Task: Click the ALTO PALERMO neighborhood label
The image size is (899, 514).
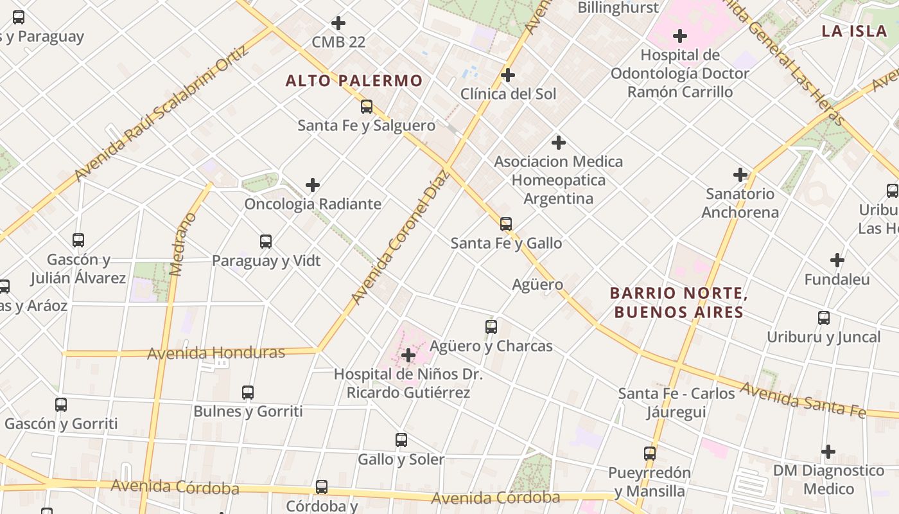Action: [354, 81]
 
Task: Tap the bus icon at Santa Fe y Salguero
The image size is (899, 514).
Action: [367, 107]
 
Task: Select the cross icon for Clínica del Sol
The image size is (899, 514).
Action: [508, 75]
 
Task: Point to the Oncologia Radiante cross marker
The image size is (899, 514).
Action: [313, 185]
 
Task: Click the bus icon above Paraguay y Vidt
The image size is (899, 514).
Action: [266, 242]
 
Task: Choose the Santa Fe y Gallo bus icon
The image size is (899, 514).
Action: [506, 224]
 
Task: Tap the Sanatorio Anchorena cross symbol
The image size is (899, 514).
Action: [740, 174]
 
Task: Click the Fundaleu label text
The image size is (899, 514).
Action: [837, 279]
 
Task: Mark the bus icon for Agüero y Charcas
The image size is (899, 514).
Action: [491, 327]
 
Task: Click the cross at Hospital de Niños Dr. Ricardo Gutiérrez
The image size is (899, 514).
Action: [408, 355]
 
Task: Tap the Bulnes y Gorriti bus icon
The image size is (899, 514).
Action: [248, 392]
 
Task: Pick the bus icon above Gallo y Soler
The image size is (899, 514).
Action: [401, 440]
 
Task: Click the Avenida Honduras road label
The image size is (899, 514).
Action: [216, 353]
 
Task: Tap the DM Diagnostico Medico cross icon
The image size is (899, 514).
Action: [828, 452]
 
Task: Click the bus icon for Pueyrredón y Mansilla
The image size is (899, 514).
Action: [650, 454]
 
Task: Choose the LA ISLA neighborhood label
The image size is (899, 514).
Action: [854, 31]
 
